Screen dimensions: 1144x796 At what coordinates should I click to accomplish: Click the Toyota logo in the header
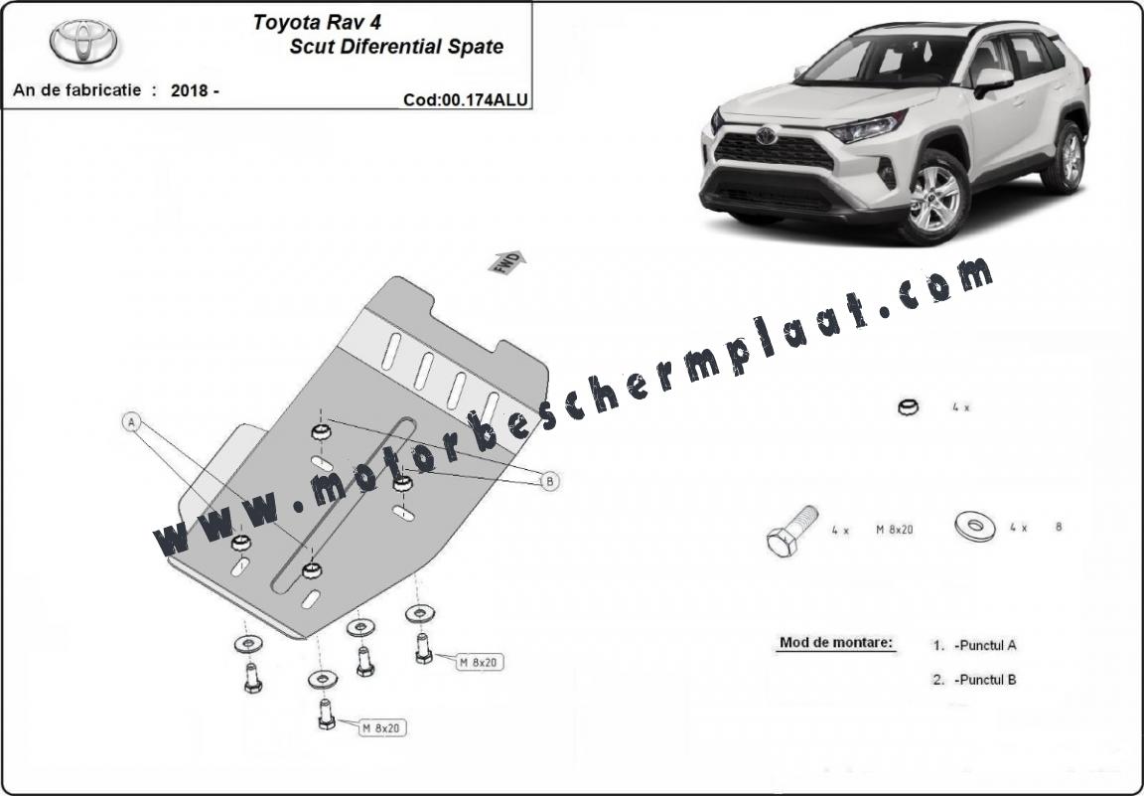pos(83,41)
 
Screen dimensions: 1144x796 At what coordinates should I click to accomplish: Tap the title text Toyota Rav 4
pos(307,23)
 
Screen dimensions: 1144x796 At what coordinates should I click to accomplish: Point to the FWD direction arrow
pos(507,263)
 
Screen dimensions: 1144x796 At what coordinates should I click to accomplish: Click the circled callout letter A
pos(131,422)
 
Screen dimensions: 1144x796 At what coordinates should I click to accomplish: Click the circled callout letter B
pos(550,481)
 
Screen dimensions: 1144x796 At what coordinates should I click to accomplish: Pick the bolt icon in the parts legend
pos(791,531)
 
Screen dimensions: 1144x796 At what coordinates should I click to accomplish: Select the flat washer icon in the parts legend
pos(975,526)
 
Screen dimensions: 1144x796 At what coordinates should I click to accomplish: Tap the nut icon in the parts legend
pos(909,406)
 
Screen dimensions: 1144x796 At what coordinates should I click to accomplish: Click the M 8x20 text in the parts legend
pos(894,530)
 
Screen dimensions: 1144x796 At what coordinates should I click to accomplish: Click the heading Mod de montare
pos(836,643)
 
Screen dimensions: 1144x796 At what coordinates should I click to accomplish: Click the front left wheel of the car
pos(936,198)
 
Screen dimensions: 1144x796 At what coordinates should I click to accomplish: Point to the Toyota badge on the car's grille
pos(766,136)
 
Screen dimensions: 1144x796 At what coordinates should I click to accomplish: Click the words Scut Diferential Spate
pos(396,47)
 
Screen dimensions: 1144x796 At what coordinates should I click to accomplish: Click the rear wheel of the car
pos(1066,156)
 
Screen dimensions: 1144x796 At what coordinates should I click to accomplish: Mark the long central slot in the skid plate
pos(343,504)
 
